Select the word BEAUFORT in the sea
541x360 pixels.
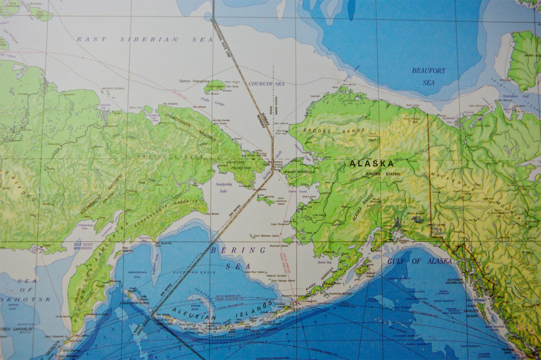click(429, 70)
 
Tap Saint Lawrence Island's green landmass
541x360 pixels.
click(266, 200)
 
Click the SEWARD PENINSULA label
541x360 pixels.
click(299, 172)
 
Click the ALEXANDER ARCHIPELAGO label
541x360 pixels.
click(455, 281)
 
